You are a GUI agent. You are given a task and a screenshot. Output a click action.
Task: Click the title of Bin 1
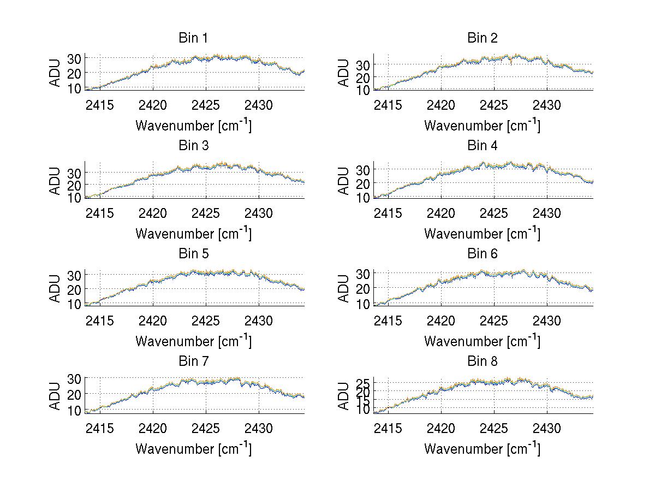point(193,38)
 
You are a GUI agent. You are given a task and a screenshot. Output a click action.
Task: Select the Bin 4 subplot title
point(482,146)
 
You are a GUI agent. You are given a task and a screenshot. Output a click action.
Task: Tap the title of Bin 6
point(482,254)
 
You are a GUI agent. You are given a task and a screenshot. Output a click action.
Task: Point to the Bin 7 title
point(193,361)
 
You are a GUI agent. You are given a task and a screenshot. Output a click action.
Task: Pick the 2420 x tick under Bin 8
point(441,428)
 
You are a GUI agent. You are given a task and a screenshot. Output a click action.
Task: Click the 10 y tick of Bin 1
point(75,88)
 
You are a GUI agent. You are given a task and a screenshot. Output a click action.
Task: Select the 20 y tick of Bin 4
point(363,183)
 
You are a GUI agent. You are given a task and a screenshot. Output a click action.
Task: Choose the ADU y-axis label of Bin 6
point(344,288)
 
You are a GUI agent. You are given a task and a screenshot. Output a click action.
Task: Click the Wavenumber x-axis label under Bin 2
point(482,126)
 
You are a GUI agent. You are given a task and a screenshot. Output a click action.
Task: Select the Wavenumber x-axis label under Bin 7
point(193,449)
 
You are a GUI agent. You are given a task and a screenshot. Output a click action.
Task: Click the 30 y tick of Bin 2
point(363,64)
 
